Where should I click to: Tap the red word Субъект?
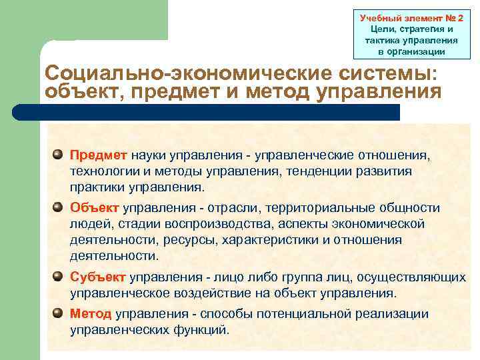98,277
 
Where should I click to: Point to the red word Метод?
91,313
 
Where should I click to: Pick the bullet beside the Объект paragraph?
59,207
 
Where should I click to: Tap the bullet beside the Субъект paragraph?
59,276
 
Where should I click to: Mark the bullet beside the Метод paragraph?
59,313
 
